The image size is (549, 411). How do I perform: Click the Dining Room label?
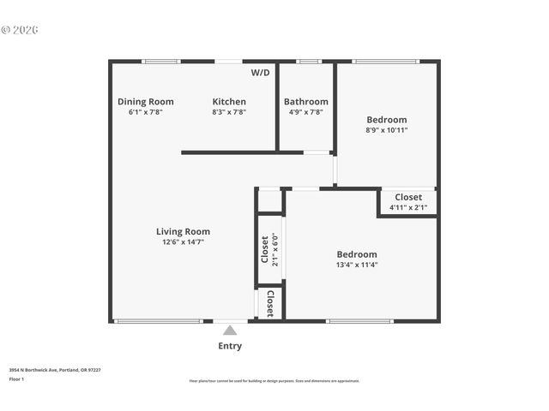pos(145,102)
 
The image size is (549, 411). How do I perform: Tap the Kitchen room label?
pos(229,102)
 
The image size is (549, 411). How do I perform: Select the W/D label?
pos(260,73)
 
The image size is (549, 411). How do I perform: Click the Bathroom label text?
pos(305,102)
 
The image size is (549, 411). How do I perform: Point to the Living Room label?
pos(183,231)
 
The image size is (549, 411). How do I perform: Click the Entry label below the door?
pos(229,346)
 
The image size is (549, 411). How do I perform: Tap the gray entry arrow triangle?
pos(229,331)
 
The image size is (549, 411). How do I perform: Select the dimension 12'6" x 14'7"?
pos(183,242)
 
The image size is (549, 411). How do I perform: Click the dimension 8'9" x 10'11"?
pos(386,131)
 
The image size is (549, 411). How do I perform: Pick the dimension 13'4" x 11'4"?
pos(356,265)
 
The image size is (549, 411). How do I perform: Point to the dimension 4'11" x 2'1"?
pos(407,207)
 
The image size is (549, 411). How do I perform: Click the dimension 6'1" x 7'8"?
pos(145,112)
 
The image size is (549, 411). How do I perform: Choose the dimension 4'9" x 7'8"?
pos(305,112)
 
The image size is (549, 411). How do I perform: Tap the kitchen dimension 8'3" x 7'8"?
pos(229,112)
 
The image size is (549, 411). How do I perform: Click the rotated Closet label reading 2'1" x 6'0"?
pos(265,250)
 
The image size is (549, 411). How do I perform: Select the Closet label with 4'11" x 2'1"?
pos(407,197)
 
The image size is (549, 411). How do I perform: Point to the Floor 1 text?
pos(16,378)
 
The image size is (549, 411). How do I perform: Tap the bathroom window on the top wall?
pos(308,62)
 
